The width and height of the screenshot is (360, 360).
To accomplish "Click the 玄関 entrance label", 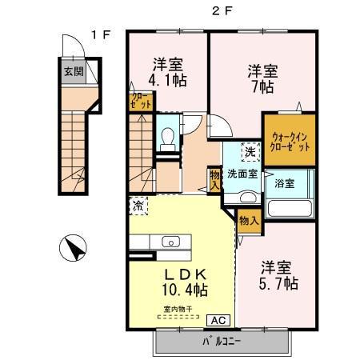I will tap(73, 70).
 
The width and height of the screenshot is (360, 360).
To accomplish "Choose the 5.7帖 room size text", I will tap(279, 283).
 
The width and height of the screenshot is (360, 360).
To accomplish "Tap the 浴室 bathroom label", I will tap(285, 184).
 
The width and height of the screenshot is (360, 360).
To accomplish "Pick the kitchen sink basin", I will tap(170, 242).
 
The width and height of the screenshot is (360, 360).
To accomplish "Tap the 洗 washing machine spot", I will tap(250, 152).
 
